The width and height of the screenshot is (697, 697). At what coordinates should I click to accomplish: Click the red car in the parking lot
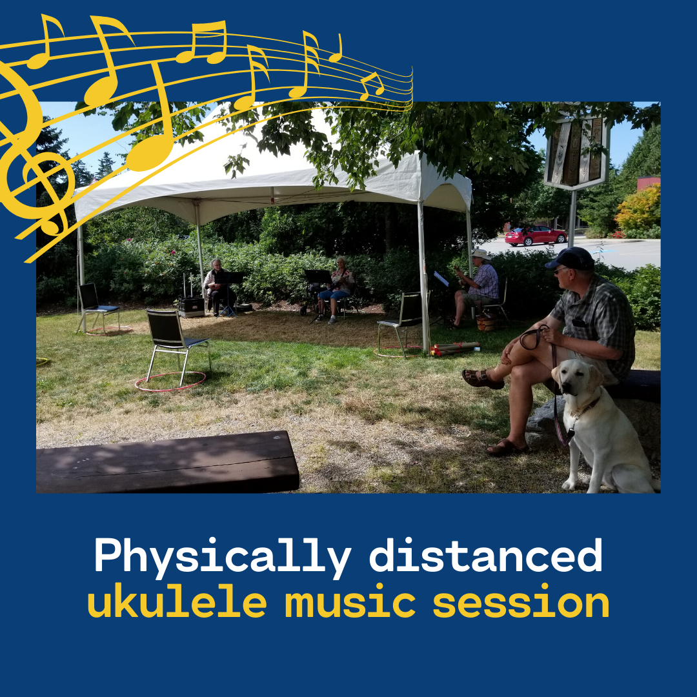(535, 236)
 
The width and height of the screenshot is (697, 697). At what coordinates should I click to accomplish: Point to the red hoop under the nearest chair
(170, 381)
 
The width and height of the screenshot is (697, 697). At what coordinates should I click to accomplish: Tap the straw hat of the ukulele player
(481, 254)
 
